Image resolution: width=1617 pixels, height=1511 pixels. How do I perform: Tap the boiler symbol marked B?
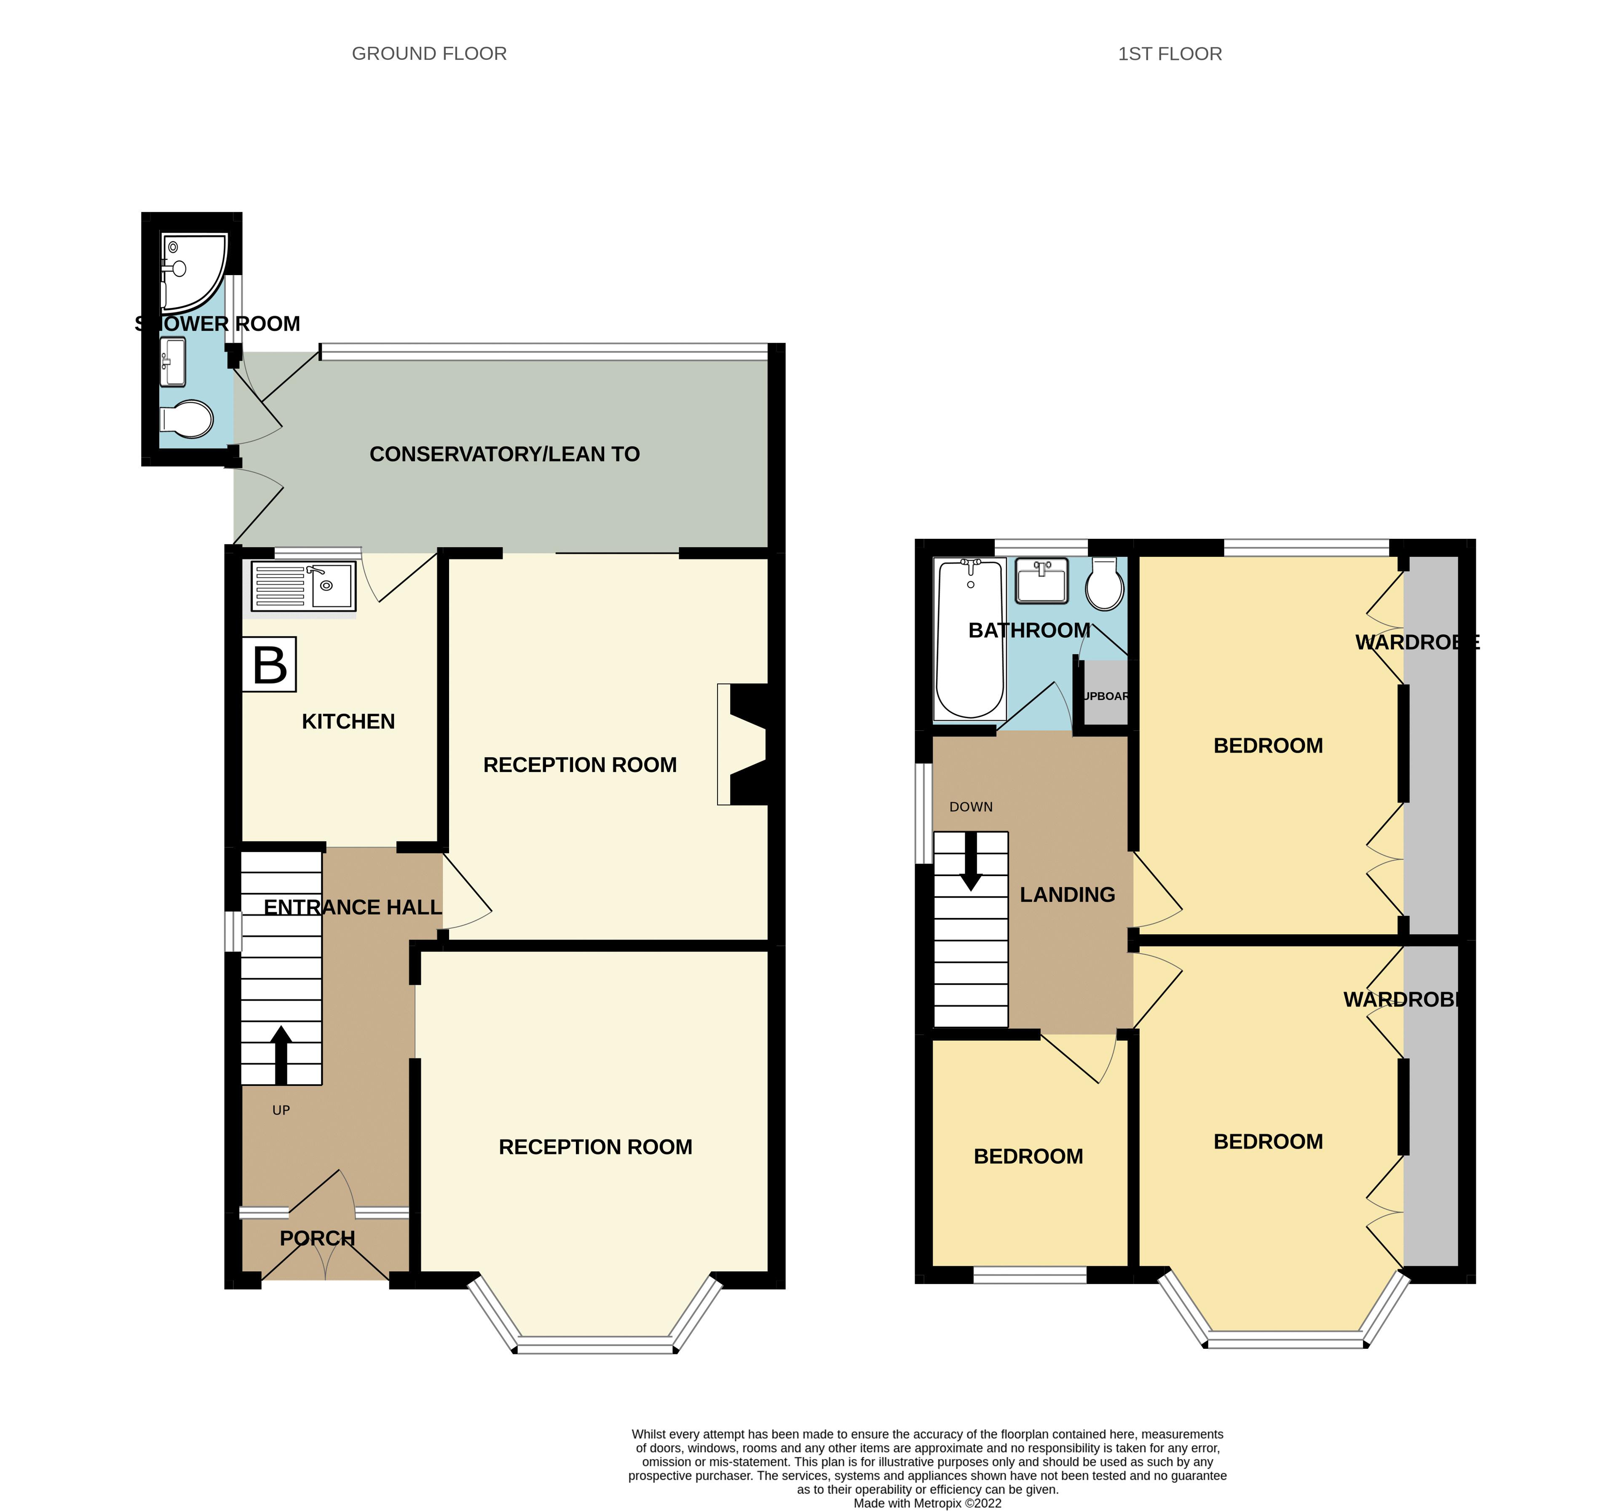(x=269, y=664)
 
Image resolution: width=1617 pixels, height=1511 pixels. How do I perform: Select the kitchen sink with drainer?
(x=303, y=586)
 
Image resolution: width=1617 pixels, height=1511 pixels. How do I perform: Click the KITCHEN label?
(x=348, y=721)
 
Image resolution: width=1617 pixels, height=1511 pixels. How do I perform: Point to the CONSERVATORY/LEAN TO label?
(x=504, y=454)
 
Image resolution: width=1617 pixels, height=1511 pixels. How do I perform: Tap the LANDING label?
(x=1067, y=895)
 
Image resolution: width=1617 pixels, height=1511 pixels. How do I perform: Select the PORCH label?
(x=317, y=1238)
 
